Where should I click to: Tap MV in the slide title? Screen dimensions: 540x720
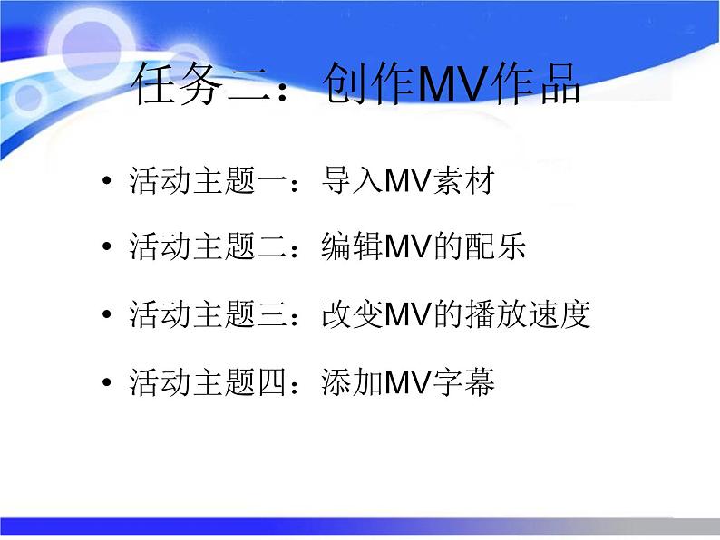pyautogui.click(x=436, y=87)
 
